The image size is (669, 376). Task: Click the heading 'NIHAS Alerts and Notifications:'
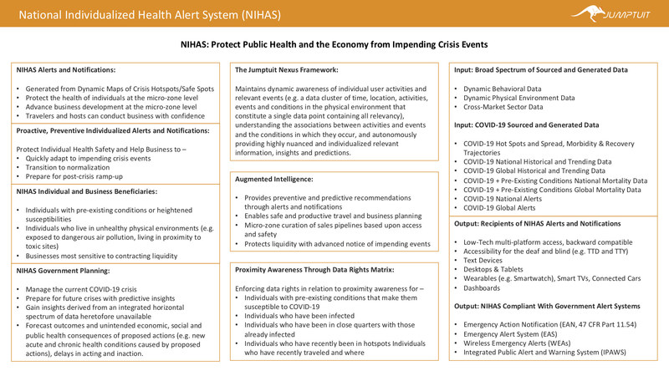click(x=67, y=70)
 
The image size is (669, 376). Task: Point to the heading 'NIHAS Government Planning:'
click(x=63, y=270)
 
